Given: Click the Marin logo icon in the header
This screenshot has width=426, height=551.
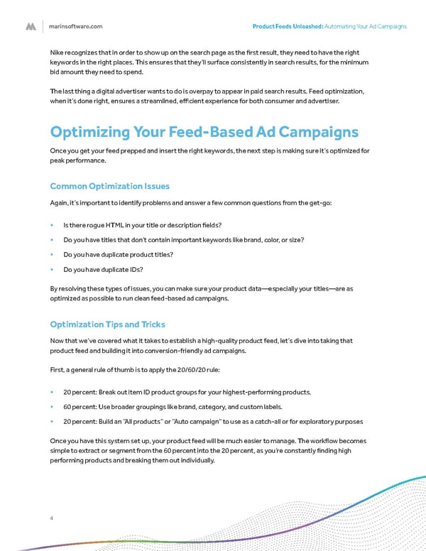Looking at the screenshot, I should tap(31, 26).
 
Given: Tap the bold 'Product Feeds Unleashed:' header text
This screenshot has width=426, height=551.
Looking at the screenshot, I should tap(288, 26).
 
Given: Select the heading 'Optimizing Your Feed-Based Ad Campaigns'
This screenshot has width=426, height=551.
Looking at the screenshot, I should tap(204, 133).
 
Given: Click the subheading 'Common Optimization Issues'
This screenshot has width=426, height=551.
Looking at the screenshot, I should tap(109, 186).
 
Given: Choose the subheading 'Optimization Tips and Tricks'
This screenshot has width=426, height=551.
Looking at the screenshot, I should tap(107, 324).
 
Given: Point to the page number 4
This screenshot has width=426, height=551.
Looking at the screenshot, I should tap(52, 517).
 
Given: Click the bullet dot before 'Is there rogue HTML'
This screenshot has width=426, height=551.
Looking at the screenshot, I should tap(53, 225).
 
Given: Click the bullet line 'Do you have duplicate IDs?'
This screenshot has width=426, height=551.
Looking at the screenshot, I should tap(103, 270).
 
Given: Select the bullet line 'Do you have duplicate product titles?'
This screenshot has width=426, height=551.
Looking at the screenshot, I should tap(118, 255).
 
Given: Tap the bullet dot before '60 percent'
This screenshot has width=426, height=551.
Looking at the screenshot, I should tap(53, 407).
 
